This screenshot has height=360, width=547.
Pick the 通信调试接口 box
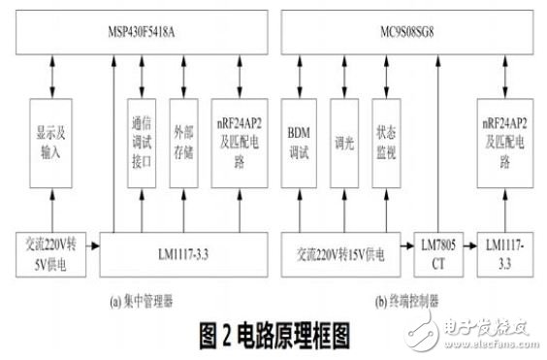[x=143, y=144]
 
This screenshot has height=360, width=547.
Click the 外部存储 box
[x=184, y=144]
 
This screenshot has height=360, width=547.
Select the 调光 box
[x=344, y=144]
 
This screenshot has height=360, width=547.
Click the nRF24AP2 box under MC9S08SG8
[x=506, y=144]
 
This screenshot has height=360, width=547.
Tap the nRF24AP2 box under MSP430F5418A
[x=239, y=144]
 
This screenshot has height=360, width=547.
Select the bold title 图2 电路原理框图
[x=274, y=336]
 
